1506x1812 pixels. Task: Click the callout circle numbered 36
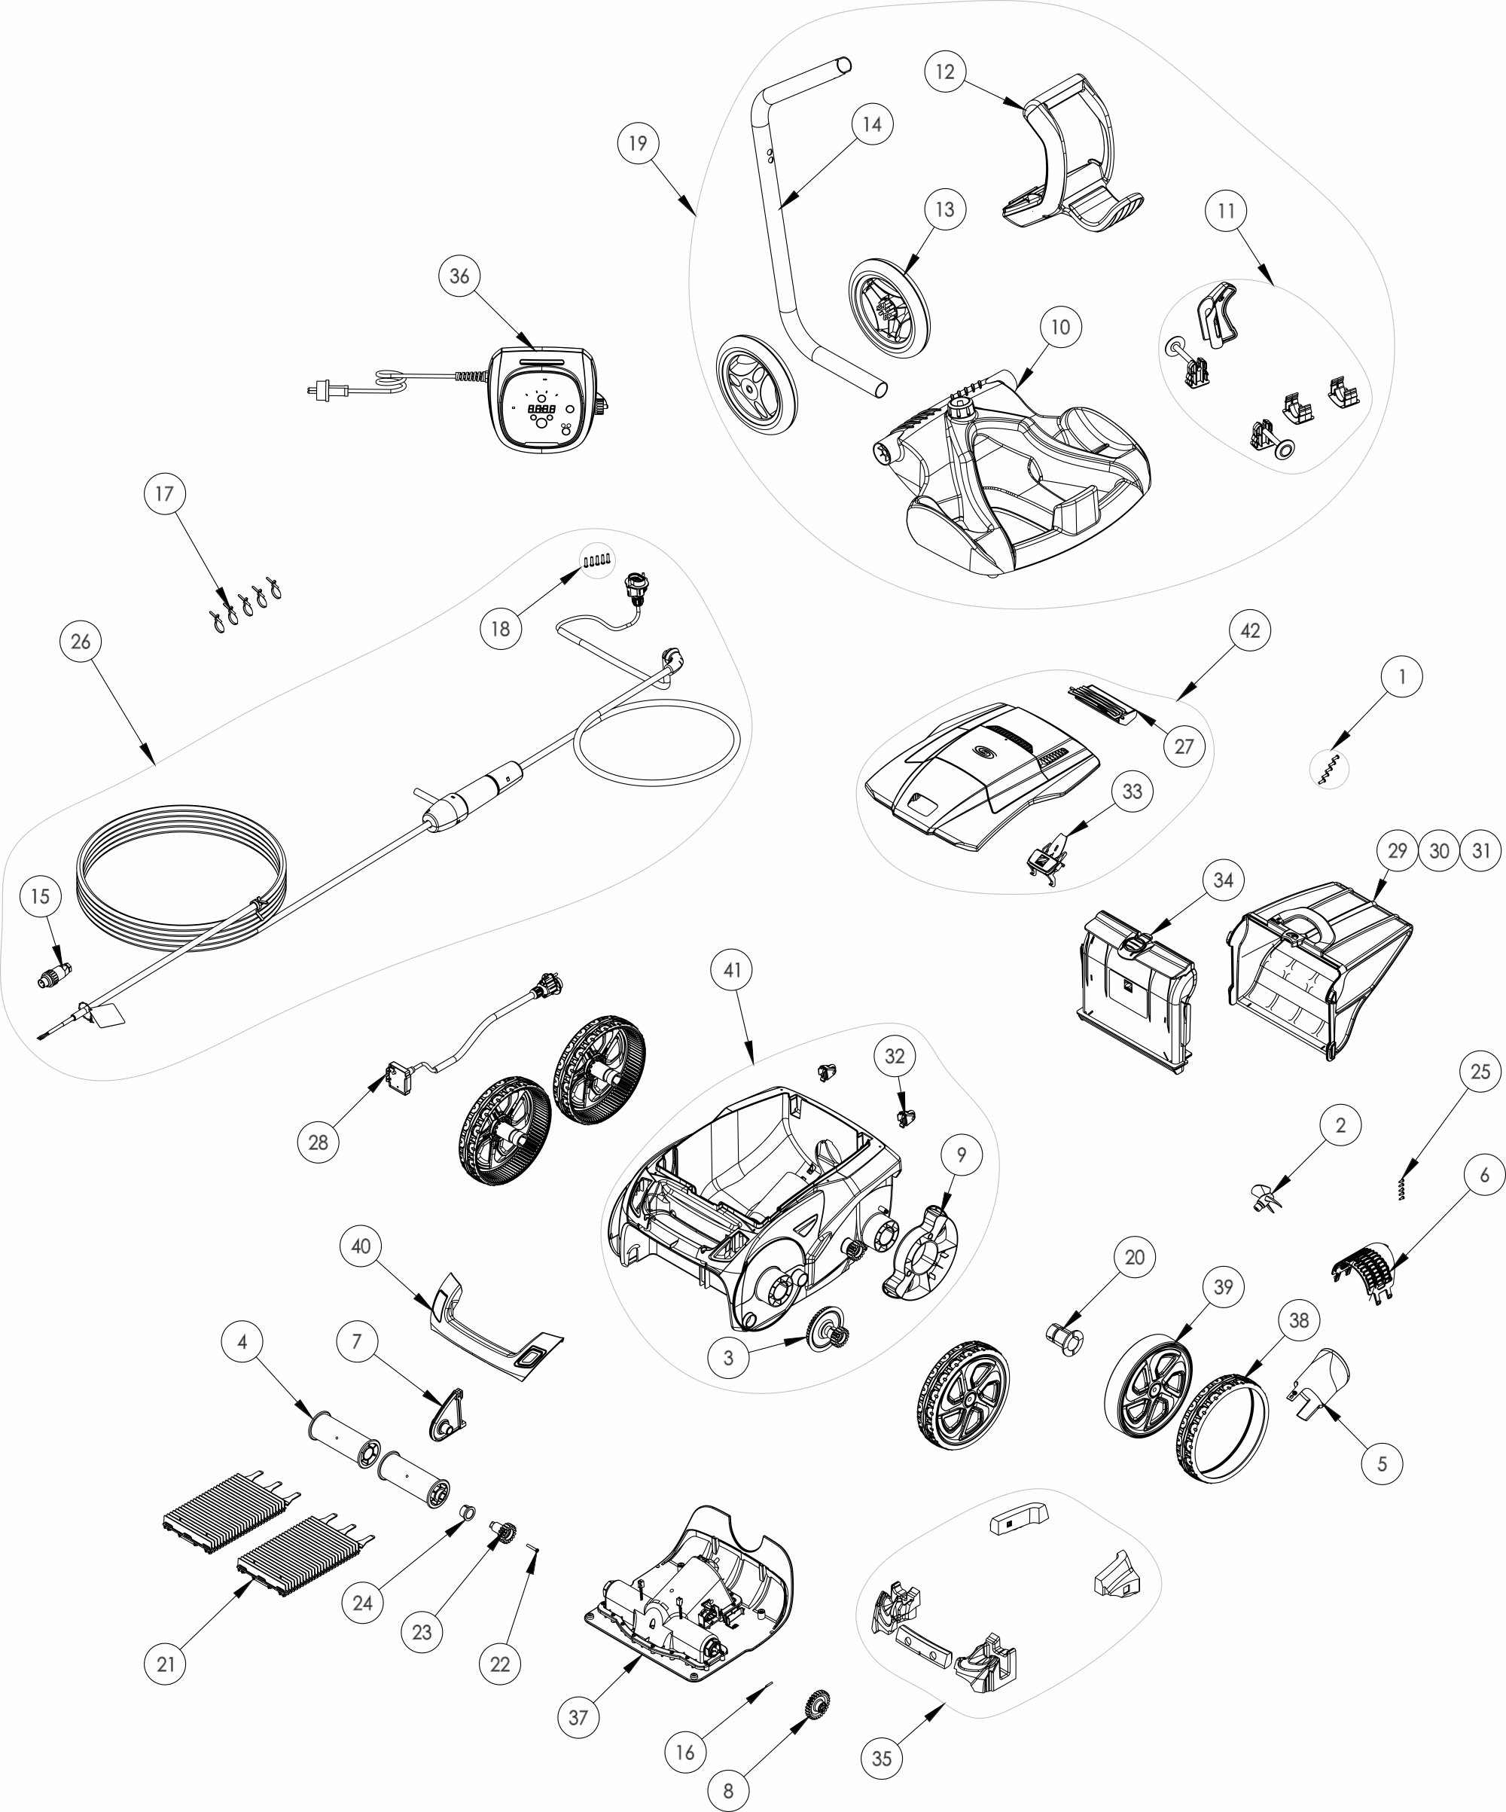click(x=460, y=276)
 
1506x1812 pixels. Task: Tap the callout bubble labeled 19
click(x=638, y=143)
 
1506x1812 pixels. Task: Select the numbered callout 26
click(x=81, y=642)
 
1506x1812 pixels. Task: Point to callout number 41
click(x=733, y=970)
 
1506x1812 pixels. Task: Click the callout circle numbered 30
click(x=1439, y=852)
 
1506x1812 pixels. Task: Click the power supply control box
click(x=545, y=398)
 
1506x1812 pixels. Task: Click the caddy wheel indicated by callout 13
click(x=889, y=309)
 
